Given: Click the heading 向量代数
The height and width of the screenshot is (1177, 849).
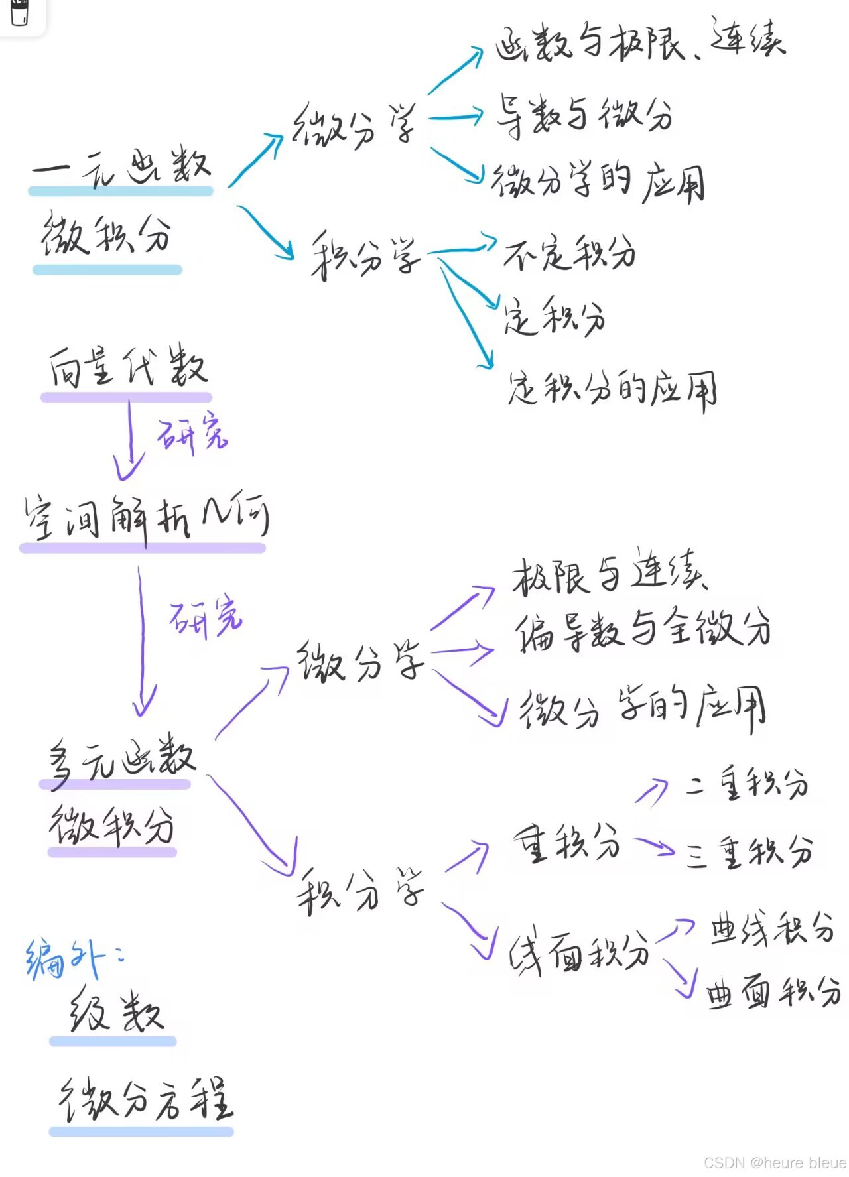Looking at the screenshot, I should (127, 367).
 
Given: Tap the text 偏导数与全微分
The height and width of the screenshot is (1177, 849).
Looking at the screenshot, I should (642, 628).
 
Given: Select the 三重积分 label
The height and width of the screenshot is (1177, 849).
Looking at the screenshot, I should (750, 851).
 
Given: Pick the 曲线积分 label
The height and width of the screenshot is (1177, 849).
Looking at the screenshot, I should (772, 928).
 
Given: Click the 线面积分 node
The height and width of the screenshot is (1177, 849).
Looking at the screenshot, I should (578, 954).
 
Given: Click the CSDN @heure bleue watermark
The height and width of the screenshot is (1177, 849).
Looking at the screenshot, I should (774, 1162).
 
